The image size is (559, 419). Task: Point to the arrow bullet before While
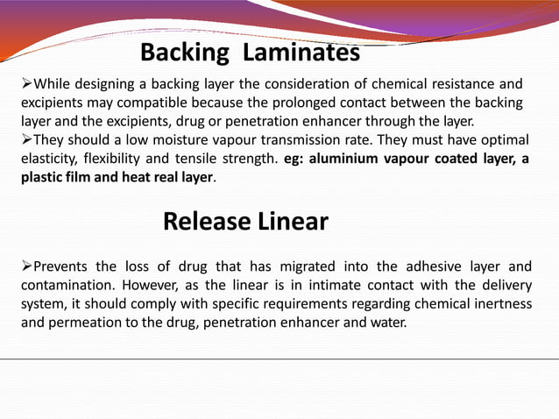26,85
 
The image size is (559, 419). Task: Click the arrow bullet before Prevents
26,266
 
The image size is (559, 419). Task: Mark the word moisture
177,140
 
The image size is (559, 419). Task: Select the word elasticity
48,159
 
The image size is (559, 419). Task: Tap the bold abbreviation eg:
295,159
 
